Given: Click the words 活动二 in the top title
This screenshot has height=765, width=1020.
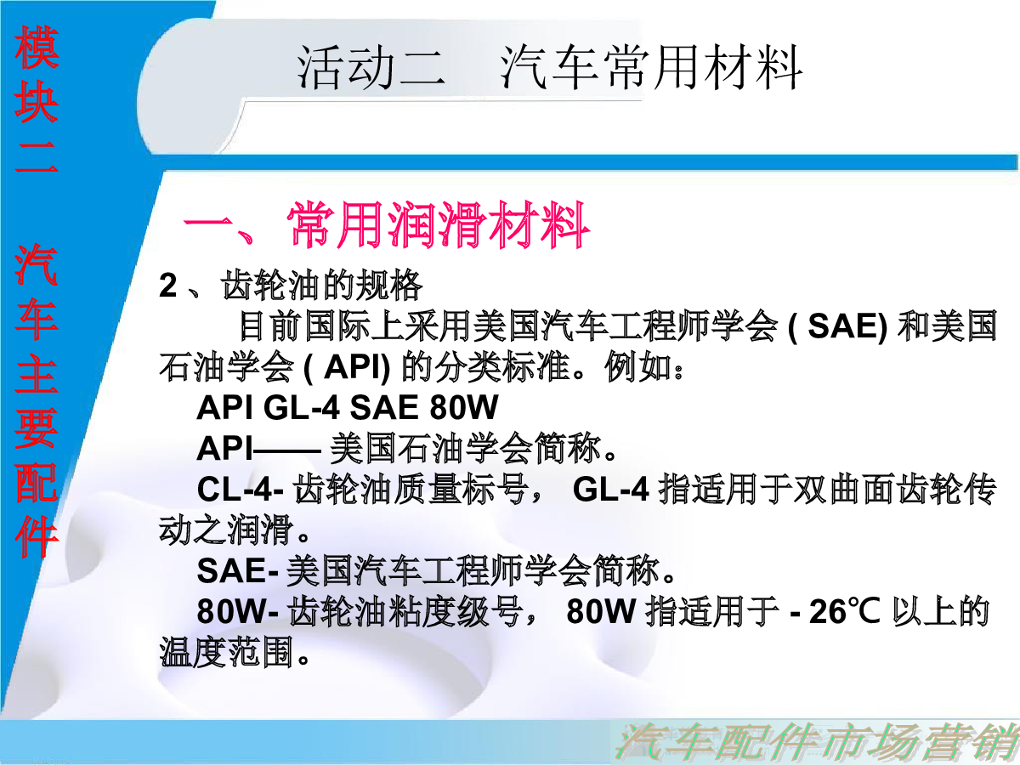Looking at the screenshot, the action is click(371, 67).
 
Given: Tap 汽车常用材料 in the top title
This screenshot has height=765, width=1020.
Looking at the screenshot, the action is click(651, 67).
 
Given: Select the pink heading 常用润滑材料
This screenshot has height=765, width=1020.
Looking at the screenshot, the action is click(439, 225).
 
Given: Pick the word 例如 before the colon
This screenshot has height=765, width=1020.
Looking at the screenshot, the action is click(637, 367).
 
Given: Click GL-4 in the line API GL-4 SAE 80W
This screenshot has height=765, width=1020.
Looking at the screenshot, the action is click(301, 407).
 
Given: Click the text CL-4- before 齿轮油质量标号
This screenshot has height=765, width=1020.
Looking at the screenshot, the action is click(240, 489).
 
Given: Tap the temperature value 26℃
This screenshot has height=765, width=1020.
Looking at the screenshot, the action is click(844, 611).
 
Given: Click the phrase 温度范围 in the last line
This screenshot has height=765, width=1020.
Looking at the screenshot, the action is click(226, 652).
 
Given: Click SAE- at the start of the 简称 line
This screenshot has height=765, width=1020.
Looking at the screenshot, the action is click(237, 570).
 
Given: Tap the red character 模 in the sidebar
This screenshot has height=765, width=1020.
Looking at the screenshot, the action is click(37, 48).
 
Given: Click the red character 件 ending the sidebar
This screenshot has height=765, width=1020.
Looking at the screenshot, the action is click(37, 535).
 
